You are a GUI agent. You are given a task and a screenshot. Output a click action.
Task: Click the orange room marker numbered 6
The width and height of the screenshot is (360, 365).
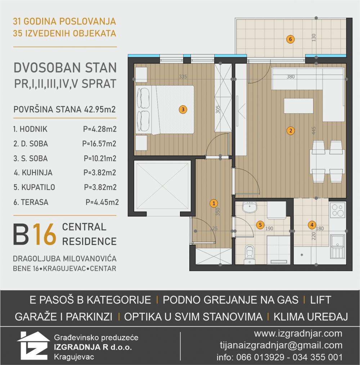(x=291, y=39)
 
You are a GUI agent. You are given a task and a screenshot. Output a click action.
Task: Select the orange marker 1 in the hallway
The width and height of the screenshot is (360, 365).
(x=214, y=203)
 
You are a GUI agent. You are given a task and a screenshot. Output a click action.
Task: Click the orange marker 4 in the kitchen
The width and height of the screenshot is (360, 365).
(x=311, y=225)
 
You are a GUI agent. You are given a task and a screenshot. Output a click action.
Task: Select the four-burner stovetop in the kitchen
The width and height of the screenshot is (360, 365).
(x=337, y=211)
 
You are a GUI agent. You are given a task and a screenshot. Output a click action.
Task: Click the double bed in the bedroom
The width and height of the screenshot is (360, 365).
(x=166, y=110)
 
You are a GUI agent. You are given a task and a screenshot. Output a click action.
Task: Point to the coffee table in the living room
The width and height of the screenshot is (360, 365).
(x=298, y=106)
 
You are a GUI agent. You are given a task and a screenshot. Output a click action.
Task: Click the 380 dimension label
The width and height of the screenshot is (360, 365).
(x=291, y=77)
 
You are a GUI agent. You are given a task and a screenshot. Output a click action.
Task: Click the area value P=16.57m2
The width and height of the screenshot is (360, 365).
(x=99, y=144)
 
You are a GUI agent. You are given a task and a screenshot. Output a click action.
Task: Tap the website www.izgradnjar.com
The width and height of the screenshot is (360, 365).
(x=298, y=333)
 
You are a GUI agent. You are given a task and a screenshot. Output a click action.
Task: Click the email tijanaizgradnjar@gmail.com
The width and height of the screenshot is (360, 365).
(x=281, y=345)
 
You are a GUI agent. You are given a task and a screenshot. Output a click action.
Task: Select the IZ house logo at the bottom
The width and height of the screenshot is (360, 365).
(x=33, y=346)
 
